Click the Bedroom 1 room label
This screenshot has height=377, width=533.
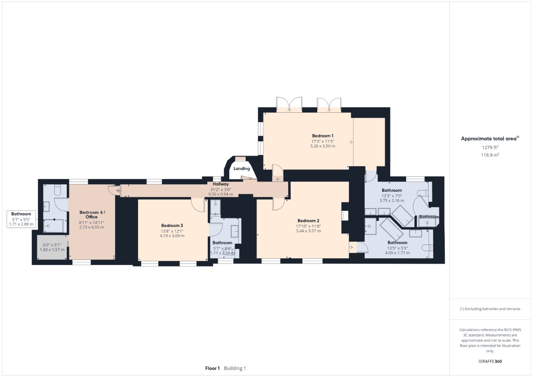pos(323,136)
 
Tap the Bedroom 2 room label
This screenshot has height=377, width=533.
pos(309,221)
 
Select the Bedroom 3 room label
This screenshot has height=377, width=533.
pos(172,225)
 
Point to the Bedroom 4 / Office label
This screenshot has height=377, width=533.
pos(92,215)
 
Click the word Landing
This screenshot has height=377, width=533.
pos(241,169)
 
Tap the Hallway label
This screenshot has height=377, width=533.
pos(221,184)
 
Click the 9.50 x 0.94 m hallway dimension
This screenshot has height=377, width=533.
pos(221,194)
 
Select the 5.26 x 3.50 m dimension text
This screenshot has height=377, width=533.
pos(323,146)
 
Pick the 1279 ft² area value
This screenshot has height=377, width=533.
pos(490,147)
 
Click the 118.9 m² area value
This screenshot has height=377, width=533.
pos(490,155)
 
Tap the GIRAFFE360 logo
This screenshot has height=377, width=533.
pos(490,361)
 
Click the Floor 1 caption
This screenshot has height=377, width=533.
pos(212,368)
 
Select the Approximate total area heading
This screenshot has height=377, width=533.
pos(490,139)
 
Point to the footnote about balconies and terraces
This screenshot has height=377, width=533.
pos(490,309)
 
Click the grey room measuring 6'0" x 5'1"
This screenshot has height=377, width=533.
pos(52,247)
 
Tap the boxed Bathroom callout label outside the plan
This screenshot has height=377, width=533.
pos(21,219)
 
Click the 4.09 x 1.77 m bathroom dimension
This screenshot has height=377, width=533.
pos(397,253)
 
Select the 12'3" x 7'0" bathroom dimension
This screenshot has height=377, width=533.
pos(392,196)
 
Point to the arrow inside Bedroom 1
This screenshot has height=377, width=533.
pos(351,142)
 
